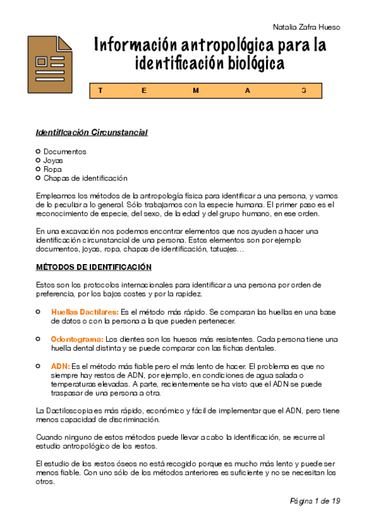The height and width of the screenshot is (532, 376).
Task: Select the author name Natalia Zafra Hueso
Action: [x=307, y=27]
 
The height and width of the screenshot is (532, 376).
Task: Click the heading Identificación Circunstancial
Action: [x=91, y=133]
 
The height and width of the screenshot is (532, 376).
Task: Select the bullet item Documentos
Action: [x=65, y=152]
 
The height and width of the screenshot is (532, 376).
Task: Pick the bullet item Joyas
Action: [x=53, y=161]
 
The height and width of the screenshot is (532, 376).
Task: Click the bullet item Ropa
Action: [x=53, y=169]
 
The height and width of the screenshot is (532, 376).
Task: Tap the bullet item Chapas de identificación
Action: [x=85, y=178]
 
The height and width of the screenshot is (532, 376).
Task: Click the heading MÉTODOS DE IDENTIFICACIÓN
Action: [x=94, y=267]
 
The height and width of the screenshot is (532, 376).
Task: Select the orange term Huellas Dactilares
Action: [x=85, y=312]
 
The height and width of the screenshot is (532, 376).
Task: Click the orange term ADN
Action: [x=60, y=366]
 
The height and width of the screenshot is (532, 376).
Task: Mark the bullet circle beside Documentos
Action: [x=38, y=151]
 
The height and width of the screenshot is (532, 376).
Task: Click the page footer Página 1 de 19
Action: [x=314, y=501]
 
